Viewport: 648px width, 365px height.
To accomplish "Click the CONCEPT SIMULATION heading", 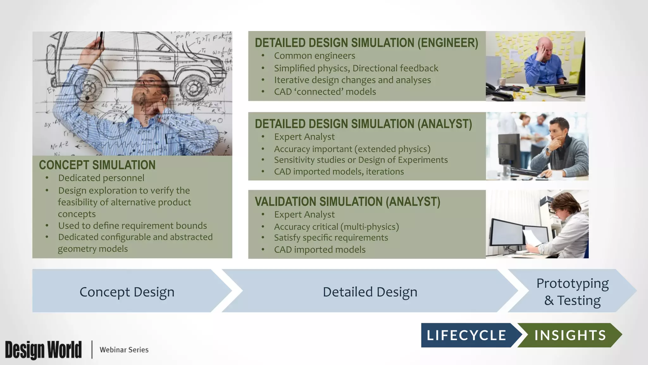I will click(x=97, y=165).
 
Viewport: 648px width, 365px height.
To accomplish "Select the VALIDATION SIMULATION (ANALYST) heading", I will click(x=347, y=202).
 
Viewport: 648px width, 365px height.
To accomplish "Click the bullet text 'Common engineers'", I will click(x=315, y=56).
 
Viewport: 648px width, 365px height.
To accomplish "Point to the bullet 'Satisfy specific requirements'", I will click(x=331, y=238).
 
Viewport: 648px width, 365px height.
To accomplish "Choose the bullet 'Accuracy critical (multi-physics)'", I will click(x=336, y=227).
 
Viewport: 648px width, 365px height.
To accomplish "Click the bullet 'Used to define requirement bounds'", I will click(x=132, y=226).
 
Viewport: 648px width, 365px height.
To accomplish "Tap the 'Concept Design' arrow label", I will click(x=127, y=292).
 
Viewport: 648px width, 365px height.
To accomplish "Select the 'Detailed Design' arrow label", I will click(x=370, y=292).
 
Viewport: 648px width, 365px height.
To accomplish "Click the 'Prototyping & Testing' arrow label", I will click(x=572, y=292).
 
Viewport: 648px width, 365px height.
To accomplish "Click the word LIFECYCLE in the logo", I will click(x=466, y=335).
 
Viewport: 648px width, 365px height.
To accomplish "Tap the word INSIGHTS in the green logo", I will click(x=570, y=335).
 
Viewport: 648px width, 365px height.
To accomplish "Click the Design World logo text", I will click(x=43, y=350).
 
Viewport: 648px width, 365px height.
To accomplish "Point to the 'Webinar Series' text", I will click(x=124, y=350).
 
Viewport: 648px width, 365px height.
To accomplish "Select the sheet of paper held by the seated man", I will click(x=533, y=238).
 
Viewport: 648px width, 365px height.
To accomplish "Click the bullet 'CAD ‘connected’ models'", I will click(x=325, y=92).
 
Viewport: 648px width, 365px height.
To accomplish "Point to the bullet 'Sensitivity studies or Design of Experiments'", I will click(x=361, y=160).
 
